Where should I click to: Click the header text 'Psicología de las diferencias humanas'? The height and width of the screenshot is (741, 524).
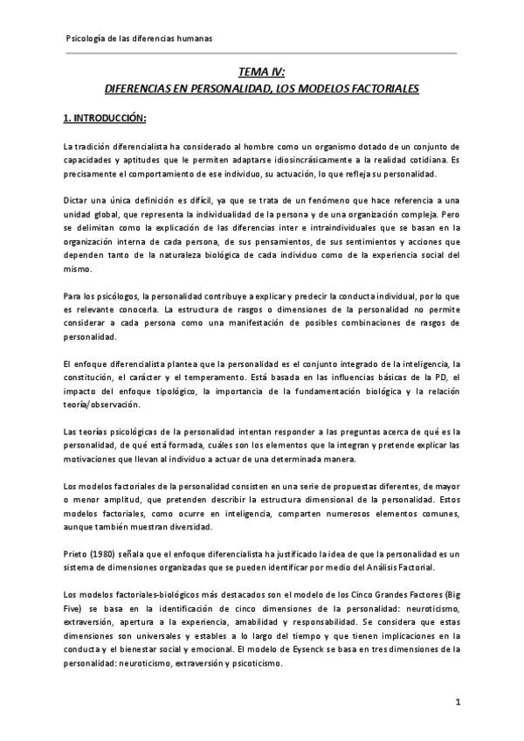[x=140, y=39]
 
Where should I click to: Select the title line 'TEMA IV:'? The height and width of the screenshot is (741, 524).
[x=261, y=74]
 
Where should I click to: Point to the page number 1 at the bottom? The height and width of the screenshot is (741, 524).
[x=458, y=702]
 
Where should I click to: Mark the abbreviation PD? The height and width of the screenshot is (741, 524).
[x=415, y=377]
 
